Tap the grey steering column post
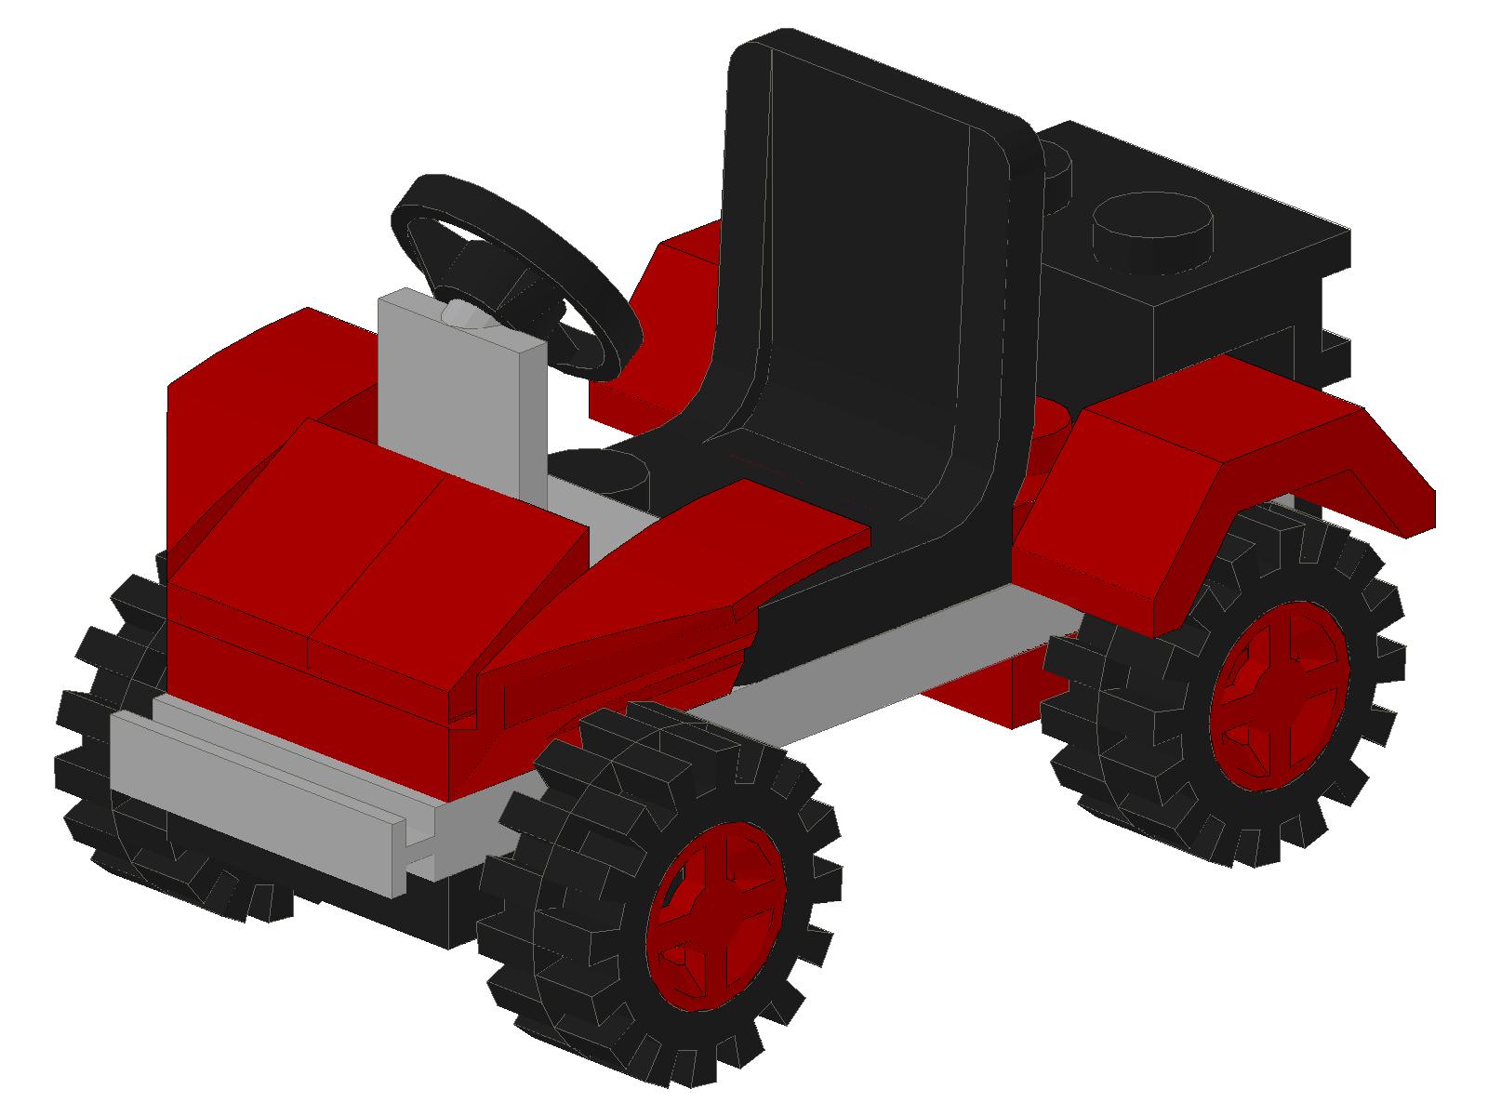(456, 400)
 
